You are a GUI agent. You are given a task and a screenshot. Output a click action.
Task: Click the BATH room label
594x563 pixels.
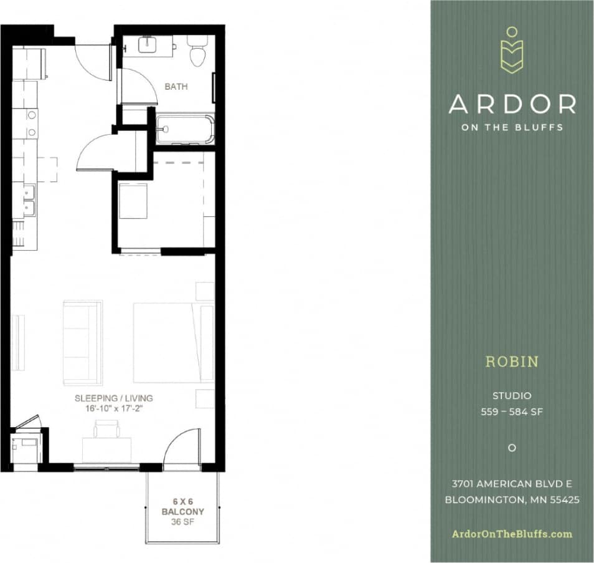[x=176, y=87]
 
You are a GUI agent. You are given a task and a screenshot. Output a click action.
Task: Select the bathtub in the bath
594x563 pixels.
[x=184, y=130]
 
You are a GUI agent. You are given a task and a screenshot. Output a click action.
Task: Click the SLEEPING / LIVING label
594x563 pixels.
[x=113, y=398]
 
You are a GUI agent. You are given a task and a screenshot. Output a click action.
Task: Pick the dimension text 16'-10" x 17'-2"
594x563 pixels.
[x=113, y=409]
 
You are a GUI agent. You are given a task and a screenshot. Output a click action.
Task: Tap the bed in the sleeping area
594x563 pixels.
[x=173, y=343]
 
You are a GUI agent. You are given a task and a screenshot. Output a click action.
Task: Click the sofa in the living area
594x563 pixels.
[x=82, y=342]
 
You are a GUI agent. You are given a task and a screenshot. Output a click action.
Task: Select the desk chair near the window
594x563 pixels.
[x=106, y=429]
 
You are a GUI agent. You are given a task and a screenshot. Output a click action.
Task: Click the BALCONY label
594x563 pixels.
[x=182, y=511]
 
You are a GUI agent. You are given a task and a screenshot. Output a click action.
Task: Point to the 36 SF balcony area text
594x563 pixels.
[x=182, y=522]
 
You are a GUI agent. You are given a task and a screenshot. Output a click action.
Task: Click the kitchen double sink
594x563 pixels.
[x=29, y=200]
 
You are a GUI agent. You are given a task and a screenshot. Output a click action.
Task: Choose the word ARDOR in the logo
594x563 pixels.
[x=512, y=104]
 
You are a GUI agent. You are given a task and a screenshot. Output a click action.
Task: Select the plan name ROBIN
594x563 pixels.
[x=512, y=362]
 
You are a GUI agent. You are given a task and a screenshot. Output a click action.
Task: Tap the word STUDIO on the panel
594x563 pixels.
[x=512, y=395]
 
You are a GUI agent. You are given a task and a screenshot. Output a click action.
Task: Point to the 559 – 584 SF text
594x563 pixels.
[x=512, y=411]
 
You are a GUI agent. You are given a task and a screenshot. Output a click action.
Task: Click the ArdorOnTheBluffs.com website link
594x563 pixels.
[x=512, y=534]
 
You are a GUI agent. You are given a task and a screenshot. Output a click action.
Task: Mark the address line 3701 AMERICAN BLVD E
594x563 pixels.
[x=512, y=484]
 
